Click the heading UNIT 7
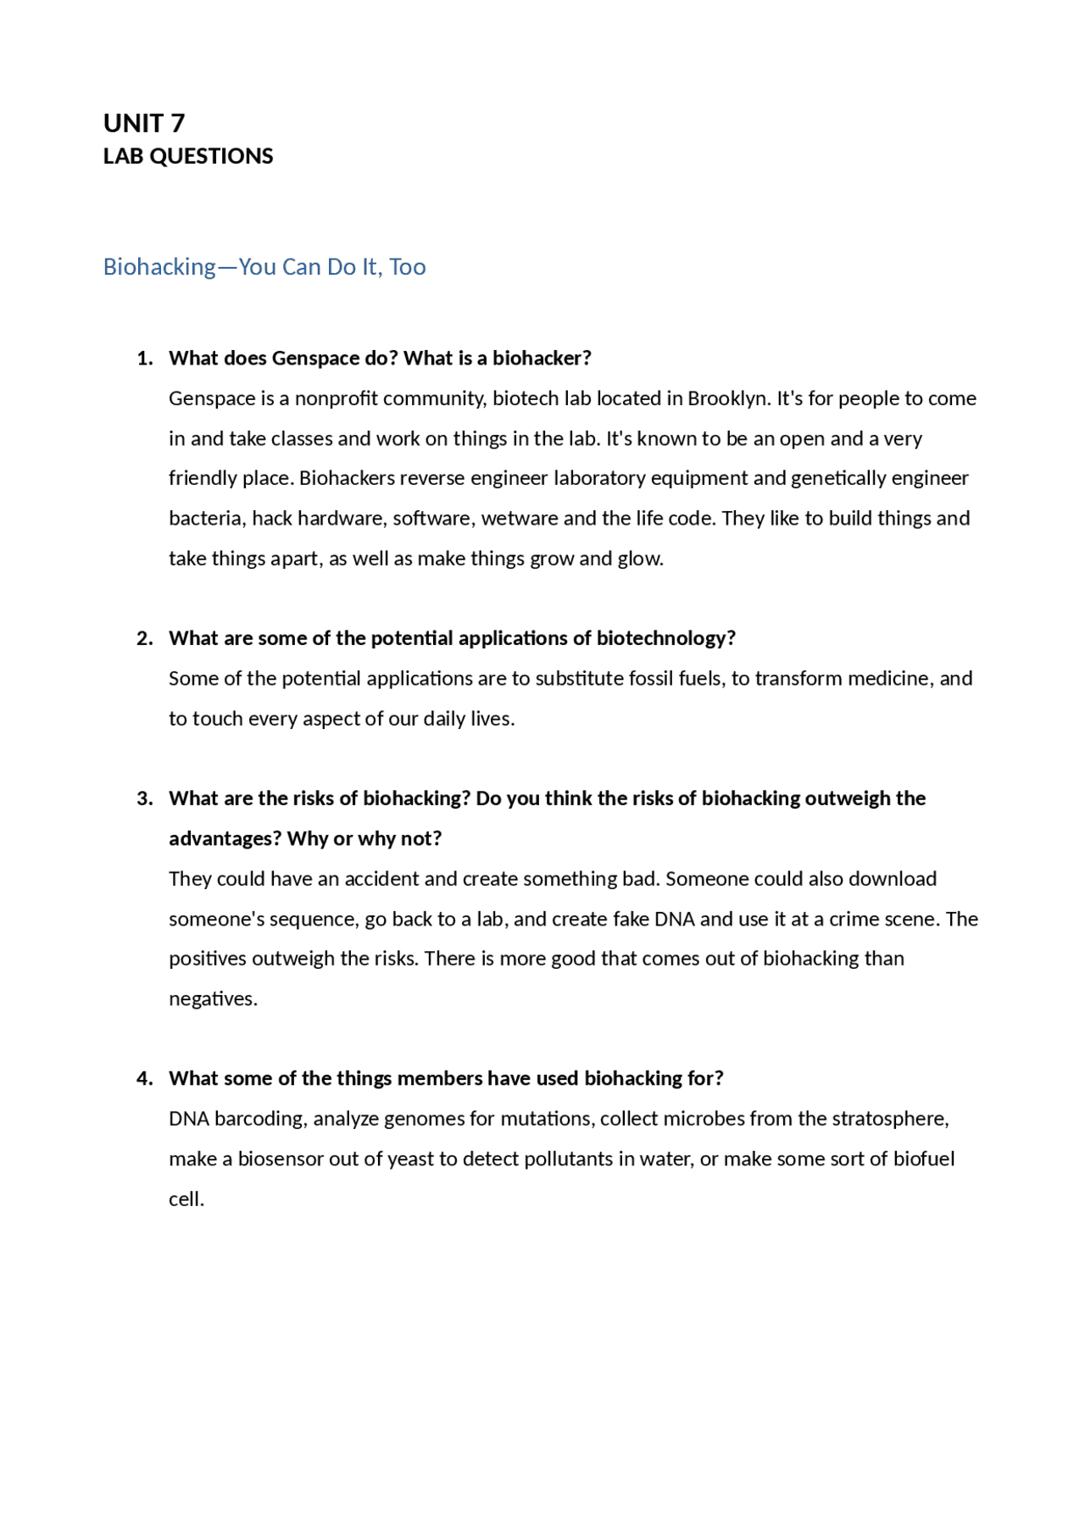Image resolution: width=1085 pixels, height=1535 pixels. click(143, 124)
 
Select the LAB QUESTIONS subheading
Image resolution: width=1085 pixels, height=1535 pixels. click(187, 157)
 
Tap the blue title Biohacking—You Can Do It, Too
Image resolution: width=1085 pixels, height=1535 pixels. click(264, 267)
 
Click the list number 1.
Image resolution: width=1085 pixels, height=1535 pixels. click(144, 359)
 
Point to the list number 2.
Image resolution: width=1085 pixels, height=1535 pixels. click(144, 638)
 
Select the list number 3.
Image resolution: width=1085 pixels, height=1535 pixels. click(144, 798)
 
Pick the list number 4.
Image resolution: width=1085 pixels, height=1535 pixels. click(144, 1078)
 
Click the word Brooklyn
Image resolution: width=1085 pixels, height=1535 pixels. click(726, 398)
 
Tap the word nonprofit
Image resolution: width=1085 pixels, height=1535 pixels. click(336, 398)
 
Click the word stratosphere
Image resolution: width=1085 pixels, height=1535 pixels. click(889, 1119)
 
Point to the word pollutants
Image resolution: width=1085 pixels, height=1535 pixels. click(569, 1160)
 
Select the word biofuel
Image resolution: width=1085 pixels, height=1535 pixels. click(923, 1160)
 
